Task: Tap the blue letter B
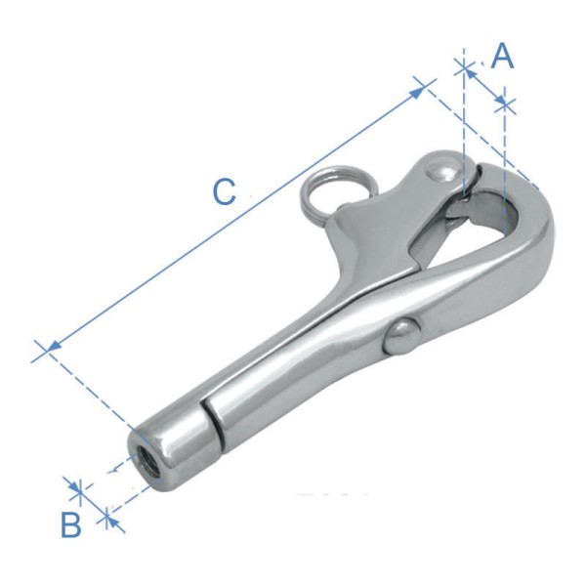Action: (71, 525)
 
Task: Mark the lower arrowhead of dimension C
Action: (53, 345)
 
